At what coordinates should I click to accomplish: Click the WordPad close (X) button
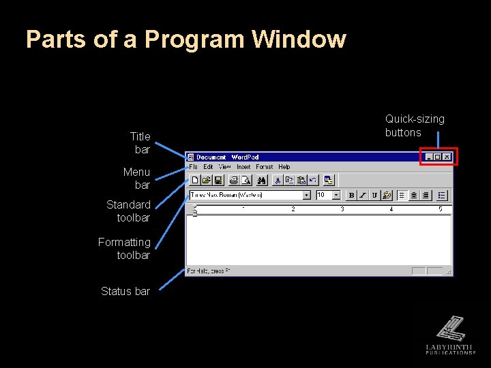click(447, 157)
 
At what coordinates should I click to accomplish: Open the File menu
click(193, 167)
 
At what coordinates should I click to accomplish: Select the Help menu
click(284, 167)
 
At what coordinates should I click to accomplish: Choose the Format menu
click(265, 167)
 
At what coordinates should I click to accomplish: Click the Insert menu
click(243, 167)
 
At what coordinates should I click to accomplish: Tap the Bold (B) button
click(351, 195)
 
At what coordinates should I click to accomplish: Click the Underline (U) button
click(374, 195)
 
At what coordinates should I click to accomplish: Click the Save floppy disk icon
click(218, 181)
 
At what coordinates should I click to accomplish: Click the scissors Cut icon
click(278, 181)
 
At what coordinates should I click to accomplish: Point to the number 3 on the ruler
click(342, 209)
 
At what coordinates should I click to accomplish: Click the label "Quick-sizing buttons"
click(415, 125)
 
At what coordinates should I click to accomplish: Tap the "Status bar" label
click(125, 291)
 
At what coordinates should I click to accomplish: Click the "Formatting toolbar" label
click(124, 249)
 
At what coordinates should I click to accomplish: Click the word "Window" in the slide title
click(299, 39)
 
